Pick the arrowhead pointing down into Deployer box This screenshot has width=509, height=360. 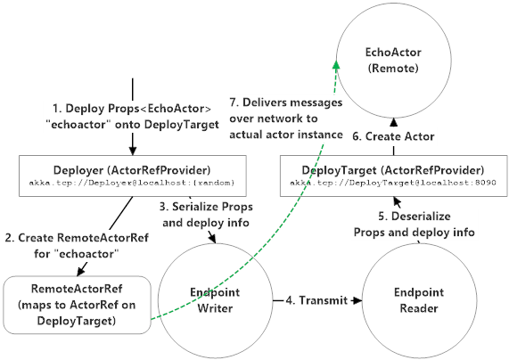point(131,149)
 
